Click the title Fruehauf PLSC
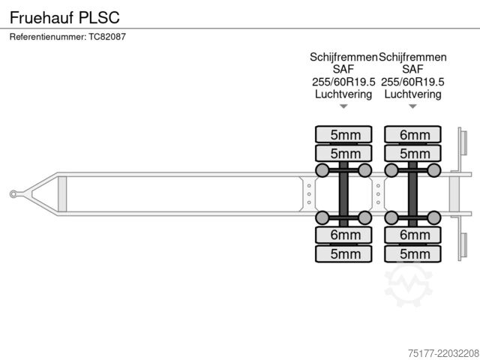64,17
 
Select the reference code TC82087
107,37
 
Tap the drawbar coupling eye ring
13,193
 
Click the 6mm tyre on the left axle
343,235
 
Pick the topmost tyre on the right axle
412,134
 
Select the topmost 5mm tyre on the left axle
343,134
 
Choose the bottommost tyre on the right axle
412,253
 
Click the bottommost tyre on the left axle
343,253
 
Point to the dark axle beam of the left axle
343,194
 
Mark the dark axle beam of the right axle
412,194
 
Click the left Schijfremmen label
343,57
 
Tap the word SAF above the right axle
412,69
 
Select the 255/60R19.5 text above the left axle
343,82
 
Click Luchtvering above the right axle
412,94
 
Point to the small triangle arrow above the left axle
343,106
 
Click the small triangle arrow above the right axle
412,106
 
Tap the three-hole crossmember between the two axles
378,194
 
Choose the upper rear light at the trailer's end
463,143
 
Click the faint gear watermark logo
408,285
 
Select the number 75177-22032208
443,353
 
